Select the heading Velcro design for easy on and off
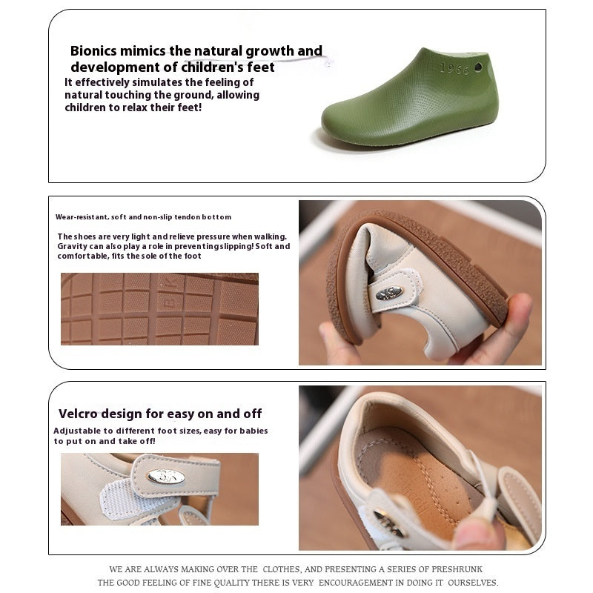coord(160,414)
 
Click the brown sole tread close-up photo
coord(159,309)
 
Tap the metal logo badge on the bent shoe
coord(388,293)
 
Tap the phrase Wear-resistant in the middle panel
coord(81,217)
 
